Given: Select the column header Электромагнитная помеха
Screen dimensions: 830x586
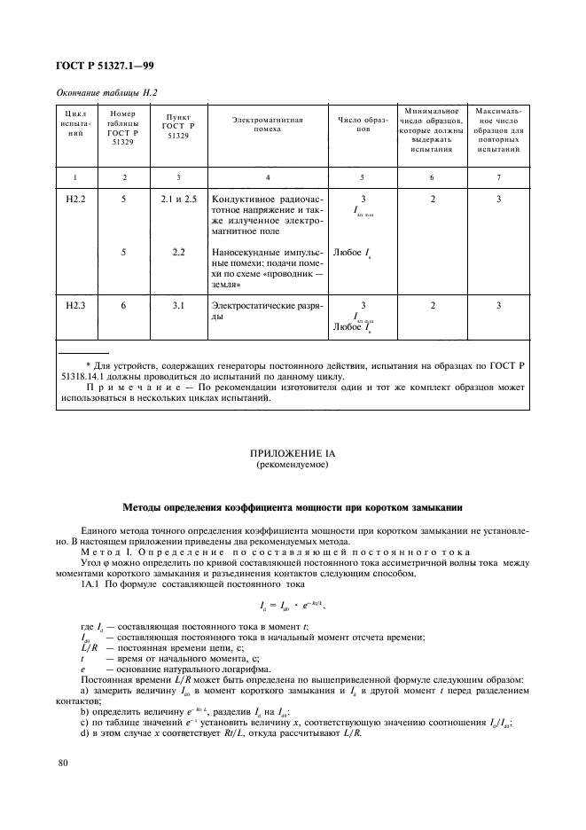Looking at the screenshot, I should [x=268, y=124].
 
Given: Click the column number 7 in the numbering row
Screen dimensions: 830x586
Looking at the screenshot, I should [x=498, y=177].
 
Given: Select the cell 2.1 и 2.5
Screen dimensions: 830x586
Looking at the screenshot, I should [x=179, y=199].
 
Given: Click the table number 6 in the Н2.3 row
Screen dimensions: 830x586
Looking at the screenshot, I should [x=124, y=304].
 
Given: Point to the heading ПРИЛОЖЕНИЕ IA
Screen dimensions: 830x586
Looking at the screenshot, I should [x=292, y=452].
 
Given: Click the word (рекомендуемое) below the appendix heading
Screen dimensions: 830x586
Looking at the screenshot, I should [x=292, y=464].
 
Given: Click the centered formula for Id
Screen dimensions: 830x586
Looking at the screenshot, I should [x=293, y=607].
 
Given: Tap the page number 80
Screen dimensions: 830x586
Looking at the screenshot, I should [x=62, y=762].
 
